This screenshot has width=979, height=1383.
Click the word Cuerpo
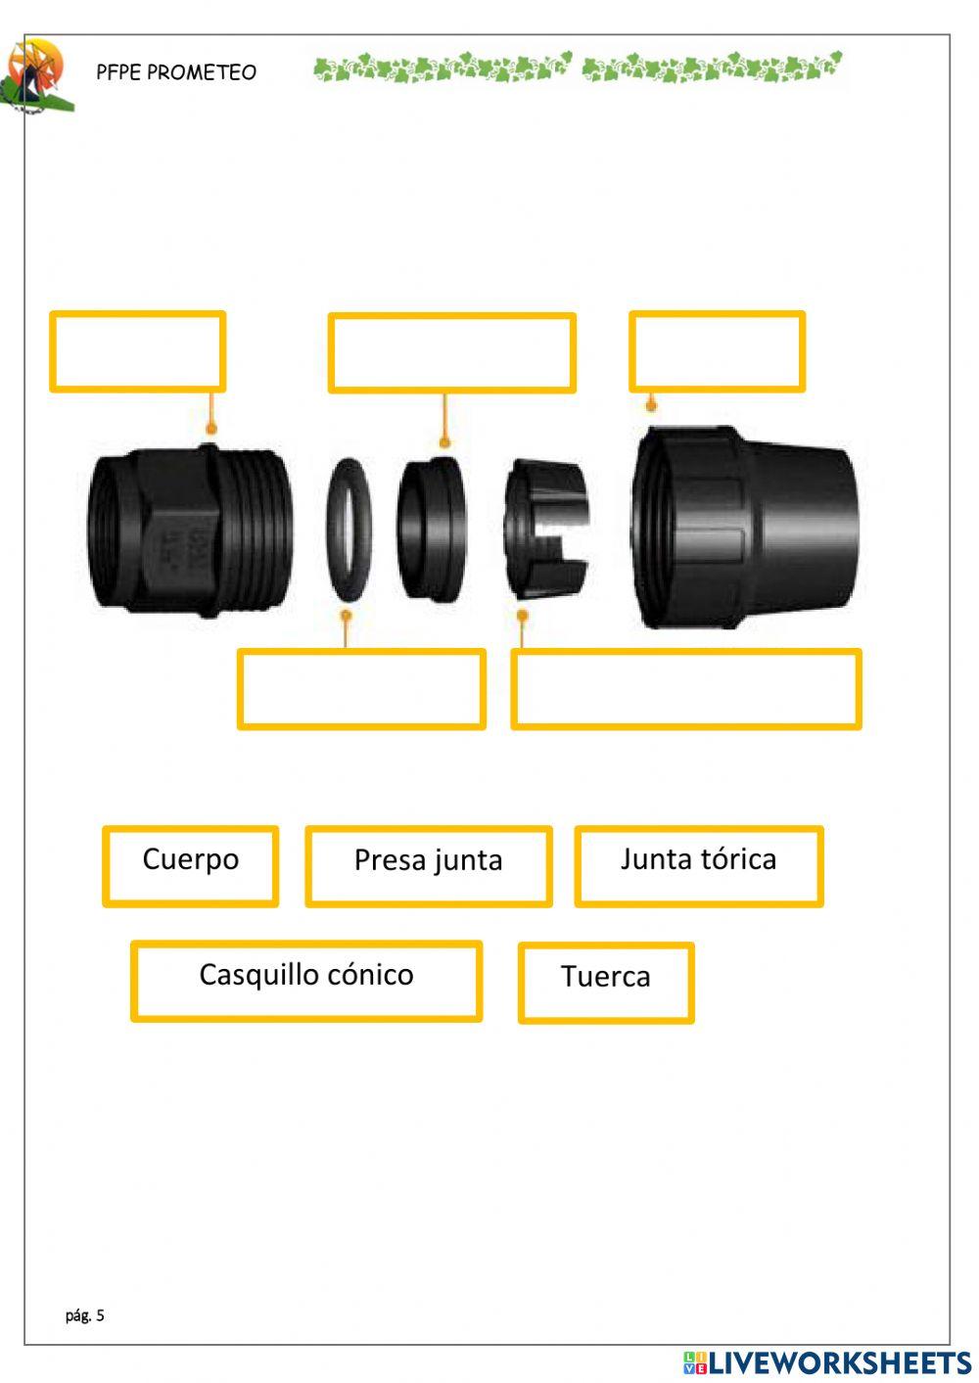190,860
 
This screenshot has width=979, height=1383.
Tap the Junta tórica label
698,860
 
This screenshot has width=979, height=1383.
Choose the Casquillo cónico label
305,976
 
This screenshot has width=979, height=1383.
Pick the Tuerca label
605,978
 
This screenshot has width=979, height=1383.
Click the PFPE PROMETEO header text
176,72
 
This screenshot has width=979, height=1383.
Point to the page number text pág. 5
85,1315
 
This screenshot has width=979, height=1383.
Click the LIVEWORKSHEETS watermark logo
827,1362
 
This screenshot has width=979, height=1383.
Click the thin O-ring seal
349,530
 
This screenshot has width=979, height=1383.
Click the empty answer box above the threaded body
138,352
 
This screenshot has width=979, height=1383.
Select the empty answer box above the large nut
717,352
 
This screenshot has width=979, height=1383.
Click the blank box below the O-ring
361,689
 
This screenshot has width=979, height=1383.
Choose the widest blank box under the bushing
685,689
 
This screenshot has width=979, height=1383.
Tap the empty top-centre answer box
451,353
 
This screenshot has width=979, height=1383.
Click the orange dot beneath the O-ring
345,616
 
